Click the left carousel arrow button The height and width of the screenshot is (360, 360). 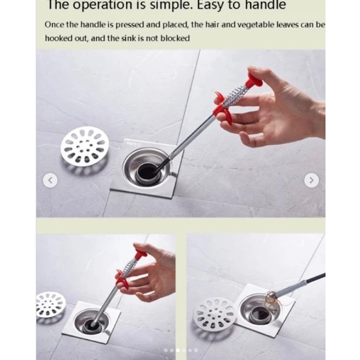(50, 180)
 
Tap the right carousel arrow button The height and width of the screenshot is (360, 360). (312, 180)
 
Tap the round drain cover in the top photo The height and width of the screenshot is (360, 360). (85, 146)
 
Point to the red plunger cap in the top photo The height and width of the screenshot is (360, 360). (254, 80)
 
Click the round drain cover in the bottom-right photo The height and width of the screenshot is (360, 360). (214, 312)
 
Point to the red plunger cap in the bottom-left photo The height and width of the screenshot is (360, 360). (140, 252)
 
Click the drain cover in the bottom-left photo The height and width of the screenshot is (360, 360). (50, 305)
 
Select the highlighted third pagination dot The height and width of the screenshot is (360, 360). (178, 350)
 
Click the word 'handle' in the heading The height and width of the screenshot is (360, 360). (266, 5)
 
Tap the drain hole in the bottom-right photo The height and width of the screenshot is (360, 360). (261, 315)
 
